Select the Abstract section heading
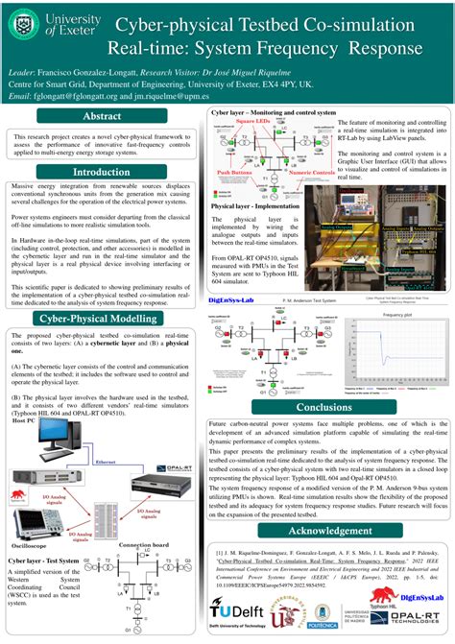pos(102,116)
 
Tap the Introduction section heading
pos(102,172)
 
